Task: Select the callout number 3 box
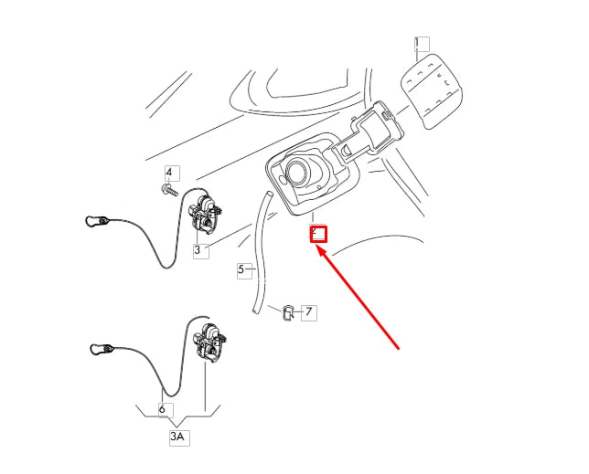(198, 249)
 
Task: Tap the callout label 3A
(177, 437)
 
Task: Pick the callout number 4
(169, 173)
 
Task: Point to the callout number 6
(163, 410)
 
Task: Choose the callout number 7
(309, 312)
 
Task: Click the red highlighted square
(318, 233)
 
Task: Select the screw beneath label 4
(169, 190)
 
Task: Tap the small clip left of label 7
(285, 312)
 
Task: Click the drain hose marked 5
(261, 247)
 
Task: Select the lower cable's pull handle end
(99, 348)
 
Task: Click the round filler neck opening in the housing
(300, 171)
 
